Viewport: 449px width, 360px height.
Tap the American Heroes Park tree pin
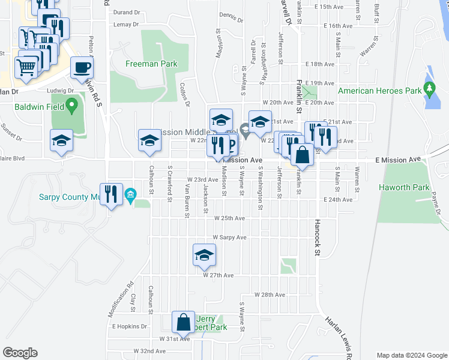coord(429,90)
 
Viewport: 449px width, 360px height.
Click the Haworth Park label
coord(404,187)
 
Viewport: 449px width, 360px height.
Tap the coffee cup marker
coord(82,68)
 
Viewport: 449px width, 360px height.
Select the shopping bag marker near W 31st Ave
coord(182,322)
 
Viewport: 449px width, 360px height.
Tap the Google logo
coord(20,353)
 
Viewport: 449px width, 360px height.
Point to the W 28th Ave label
coord(269,295)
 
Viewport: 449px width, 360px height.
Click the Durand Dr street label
coord(127,11)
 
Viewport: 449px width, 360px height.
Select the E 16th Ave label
coord(337,26)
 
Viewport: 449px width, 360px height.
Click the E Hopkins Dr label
coord(130,326)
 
